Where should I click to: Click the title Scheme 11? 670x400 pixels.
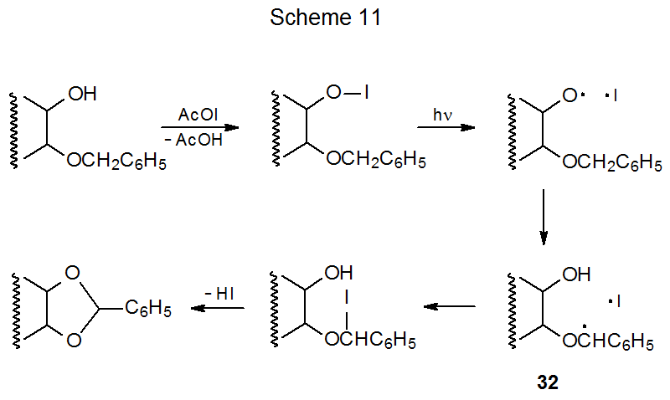tap(326, 19)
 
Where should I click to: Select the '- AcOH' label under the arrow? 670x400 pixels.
tap(194, 141)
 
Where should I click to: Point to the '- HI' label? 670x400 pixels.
tap(219, 295)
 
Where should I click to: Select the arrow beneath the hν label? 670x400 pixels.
tap(446, 128)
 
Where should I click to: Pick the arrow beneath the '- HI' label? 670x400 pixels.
tap(218, 308)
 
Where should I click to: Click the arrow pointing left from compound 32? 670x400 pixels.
tap(449, 307)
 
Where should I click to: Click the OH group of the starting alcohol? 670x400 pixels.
tap(82, 95)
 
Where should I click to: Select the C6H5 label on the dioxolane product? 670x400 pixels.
tap(148, 309)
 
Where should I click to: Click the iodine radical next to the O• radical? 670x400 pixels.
tap(614, 96)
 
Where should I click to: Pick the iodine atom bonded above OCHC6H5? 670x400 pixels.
tap(346, 298)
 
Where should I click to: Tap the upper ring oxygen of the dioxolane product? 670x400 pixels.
tap(72, 274)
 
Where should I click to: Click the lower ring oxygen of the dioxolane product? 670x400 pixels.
tap(72, 340)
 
